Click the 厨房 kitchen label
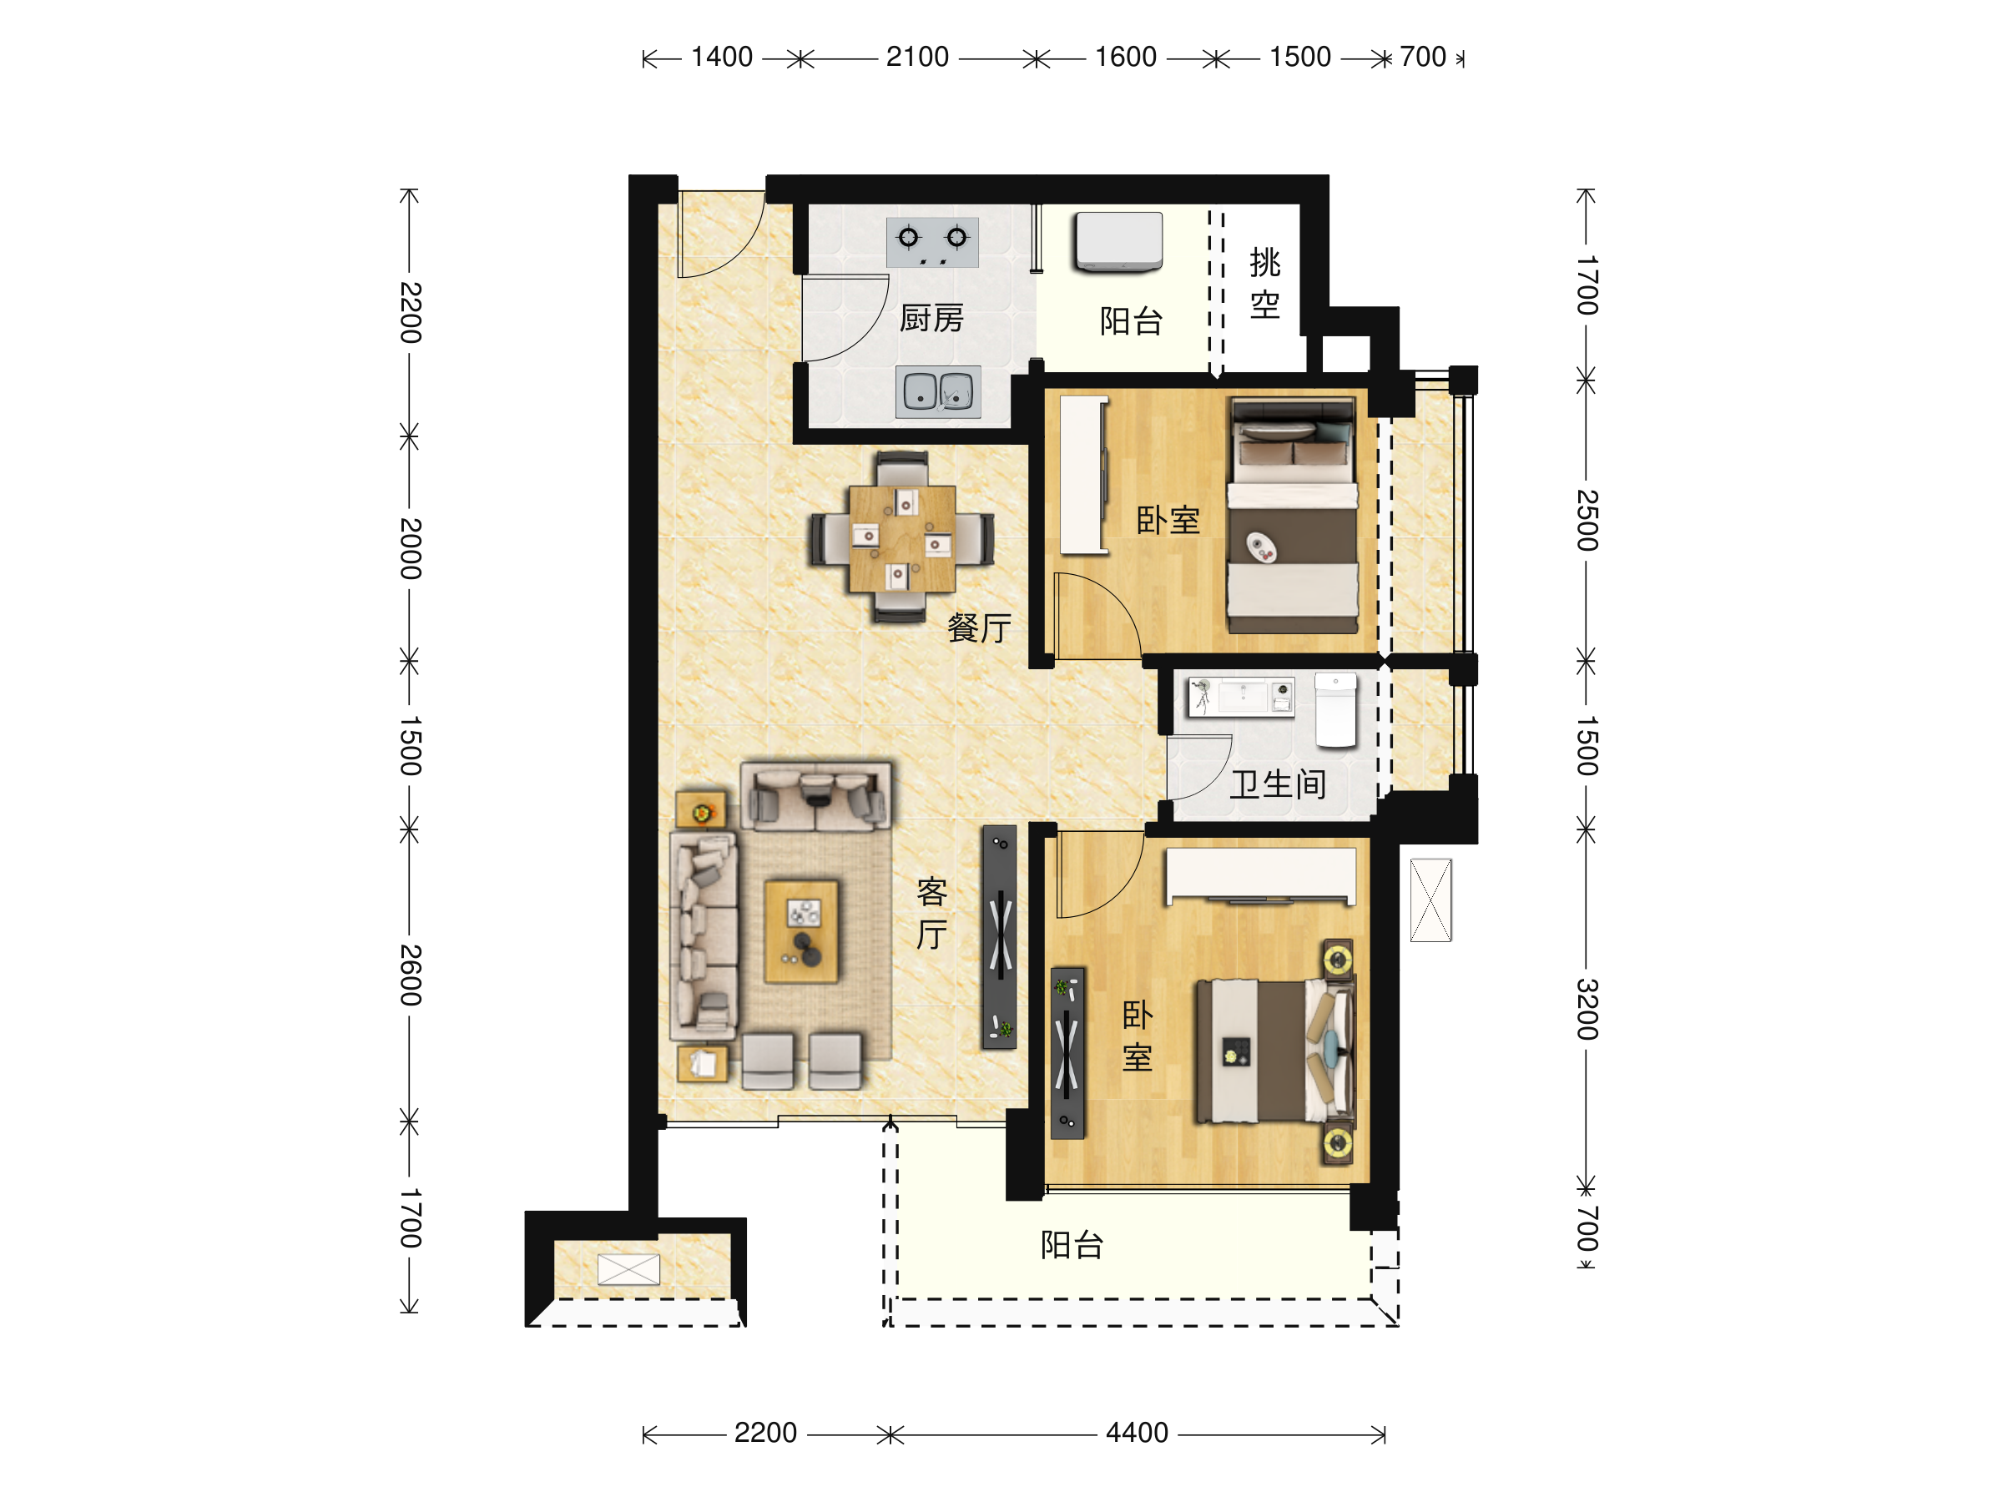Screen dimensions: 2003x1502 click(x=931, y=319)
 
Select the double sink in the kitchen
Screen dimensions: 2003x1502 click(x=938, y=391)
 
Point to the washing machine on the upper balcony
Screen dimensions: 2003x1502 click(x=1118, y=242)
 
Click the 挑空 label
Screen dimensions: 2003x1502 click(x=1265, y=284)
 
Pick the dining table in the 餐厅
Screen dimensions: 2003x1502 click(x=902, y=539)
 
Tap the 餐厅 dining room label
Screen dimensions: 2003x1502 click(x=979, y=628)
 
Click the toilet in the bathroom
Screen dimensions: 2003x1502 click(x=1335, y=711)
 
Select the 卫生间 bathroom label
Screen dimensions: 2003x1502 click(x=1278, y=784)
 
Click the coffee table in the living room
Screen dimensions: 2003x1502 click(x=801, y=931)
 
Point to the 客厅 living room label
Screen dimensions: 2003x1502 click(x=931, y=914)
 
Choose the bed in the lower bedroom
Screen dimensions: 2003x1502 click(x=1276, y=1051)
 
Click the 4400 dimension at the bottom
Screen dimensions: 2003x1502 click(x=1137, y=1434)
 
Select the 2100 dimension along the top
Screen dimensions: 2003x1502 click(x=917, y=57)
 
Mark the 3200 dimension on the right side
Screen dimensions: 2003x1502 click(x=1587, y=1009)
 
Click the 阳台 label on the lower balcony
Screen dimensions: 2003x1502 click(x=1072, y=1246)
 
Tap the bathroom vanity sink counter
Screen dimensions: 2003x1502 click(x=1240, y=697)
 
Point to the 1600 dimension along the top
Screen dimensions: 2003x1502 click(x=1126, y=57)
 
